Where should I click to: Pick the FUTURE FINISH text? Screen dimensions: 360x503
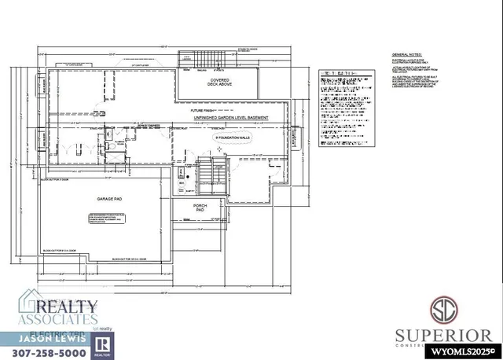point(204,112)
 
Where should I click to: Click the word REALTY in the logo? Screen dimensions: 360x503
point(67,306)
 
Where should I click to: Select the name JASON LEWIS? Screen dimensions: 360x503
point(45,338)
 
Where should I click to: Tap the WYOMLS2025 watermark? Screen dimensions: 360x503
point(466,352)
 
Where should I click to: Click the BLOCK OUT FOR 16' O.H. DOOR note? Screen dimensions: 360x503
point(130,259)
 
